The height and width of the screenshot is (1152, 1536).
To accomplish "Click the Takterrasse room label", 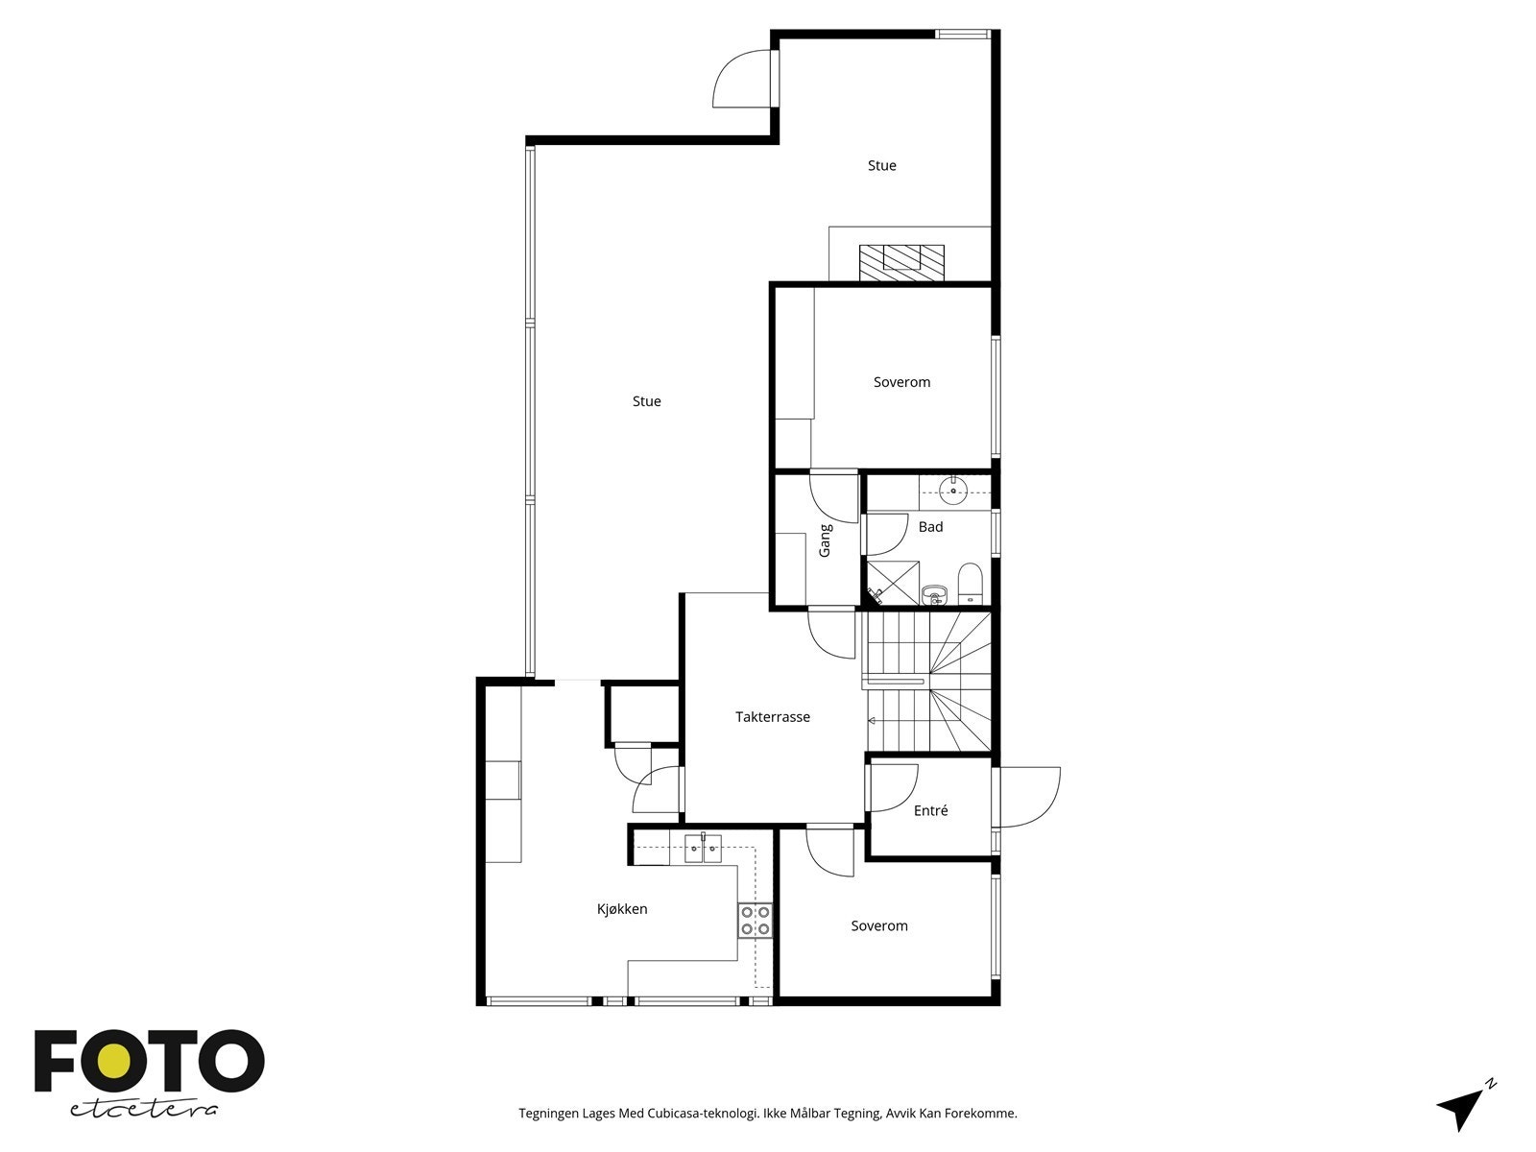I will pos(773,717).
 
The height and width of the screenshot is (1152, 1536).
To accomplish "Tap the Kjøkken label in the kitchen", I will pos(622,909).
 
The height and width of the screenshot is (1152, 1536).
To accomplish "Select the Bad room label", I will pos(930,527).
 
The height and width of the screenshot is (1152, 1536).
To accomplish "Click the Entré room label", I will pos(930,811).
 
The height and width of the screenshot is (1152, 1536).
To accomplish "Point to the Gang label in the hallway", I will pos(825,540).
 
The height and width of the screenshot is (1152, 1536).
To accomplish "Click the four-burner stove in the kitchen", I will pos(756,921).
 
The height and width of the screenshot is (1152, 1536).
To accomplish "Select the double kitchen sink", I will pos(703,849).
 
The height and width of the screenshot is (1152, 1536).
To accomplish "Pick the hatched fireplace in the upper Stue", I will pos(900,262).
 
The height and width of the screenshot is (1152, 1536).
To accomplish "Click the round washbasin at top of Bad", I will pos(953,492).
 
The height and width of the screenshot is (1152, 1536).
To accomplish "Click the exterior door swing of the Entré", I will pos(1029,797).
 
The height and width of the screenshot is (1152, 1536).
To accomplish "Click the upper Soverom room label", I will pos(901,382).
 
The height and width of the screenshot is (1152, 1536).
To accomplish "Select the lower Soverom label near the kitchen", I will pos(878,926).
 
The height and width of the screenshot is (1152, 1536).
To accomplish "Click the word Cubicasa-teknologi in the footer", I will pos(703,1114).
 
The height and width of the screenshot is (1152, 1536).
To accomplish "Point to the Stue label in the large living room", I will pos(646,401).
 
